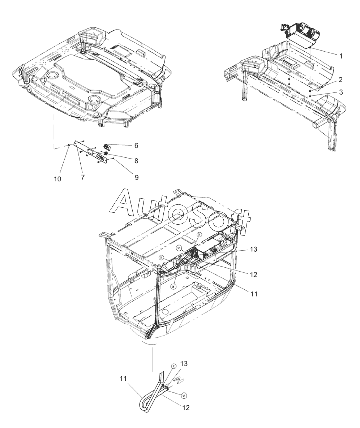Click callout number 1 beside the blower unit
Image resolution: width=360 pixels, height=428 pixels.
tap(341, 56)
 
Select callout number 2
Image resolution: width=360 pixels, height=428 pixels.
tap(340, 80)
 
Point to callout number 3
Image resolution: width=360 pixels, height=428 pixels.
tap(341, 92)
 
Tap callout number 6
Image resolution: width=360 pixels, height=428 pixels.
tap(136, 146)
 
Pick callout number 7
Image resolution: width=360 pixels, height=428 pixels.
tap(82, 177)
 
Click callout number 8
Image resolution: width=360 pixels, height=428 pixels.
tap(136, 161)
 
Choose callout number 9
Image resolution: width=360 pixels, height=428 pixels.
tap(136, 177)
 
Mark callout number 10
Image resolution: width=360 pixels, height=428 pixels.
tap(57, 179)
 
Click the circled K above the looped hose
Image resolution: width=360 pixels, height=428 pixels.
tap(173, 366)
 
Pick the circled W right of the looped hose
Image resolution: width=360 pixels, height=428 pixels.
tap(184, 395)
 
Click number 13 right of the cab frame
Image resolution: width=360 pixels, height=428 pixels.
tap(253, 249)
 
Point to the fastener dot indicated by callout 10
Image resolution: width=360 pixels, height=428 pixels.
tap(69, 146)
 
